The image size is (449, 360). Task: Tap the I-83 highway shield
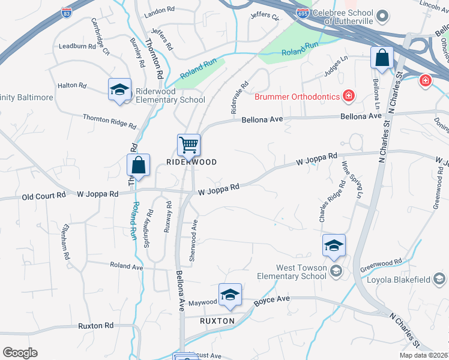pyautogui.click(x=67, y=11)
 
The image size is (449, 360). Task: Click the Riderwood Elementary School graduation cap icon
pyautogui.click(x=119, y=90)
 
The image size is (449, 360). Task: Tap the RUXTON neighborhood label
pyautogui.click(x=217, y=321)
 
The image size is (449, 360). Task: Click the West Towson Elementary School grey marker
pyautogui.click(x=335, y=272)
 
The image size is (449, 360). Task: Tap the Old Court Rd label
pyautogui.click(x=44, y=196)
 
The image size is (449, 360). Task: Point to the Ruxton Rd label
pyautogui.click(x=95, y=326)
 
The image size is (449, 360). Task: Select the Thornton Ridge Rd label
pyautogui.click(x=109, y=122)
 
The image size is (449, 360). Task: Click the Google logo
pyautogui.click(x=20, y=352)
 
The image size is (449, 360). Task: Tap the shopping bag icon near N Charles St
pyautogui.click(x=382, y=58)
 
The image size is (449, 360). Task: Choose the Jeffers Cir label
pyautogui.click(x=265, y=16)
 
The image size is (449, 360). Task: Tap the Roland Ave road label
pyautogui.click(x=126, y=265)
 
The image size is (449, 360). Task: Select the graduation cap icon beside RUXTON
pyautogui.click(x=229, y=294)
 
